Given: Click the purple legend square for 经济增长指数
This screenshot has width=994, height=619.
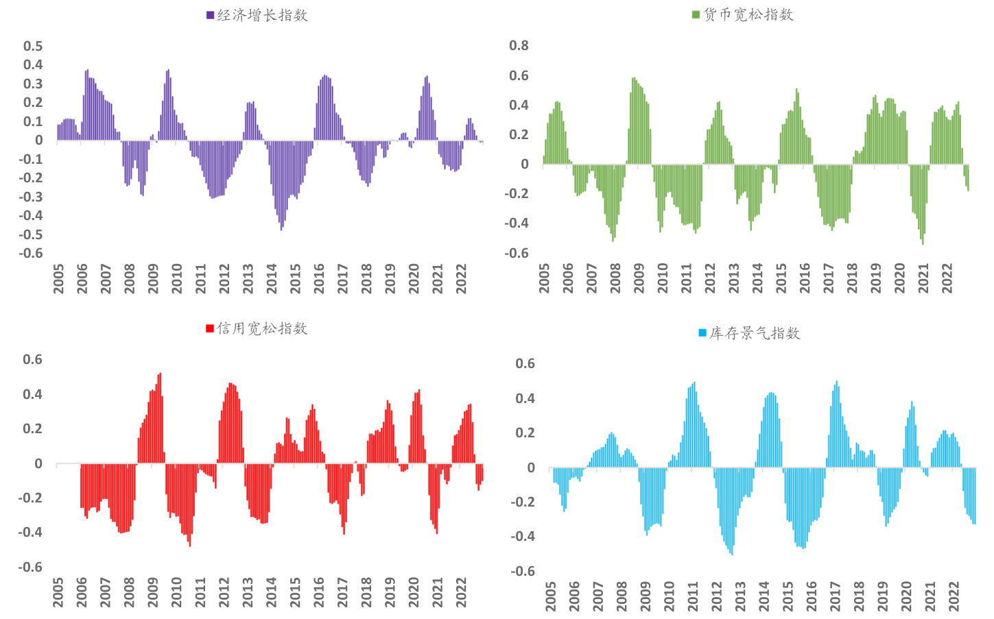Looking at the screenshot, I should point(210,15).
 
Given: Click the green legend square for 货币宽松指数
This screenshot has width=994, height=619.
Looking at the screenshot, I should point(696,14).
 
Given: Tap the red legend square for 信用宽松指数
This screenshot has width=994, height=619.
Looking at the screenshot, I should point(210,328).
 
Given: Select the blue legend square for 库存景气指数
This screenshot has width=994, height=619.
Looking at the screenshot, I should point(702,333).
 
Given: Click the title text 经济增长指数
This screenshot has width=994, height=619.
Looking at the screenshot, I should point(263,15).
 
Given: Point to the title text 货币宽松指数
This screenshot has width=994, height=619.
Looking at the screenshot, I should point(748,14).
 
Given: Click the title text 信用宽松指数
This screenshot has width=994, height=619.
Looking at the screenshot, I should point(263,328).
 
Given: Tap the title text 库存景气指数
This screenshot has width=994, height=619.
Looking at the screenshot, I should point(755,333).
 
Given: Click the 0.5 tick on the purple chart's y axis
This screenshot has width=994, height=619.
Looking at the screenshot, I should point(33,46).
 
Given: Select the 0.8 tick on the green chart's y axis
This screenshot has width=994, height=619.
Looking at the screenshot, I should point(519,45).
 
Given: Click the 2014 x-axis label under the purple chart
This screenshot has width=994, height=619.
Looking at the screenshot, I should point(272,278).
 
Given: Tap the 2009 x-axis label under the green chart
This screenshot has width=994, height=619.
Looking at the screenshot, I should point(639,278).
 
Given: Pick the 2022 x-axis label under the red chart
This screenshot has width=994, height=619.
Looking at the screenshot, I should point(461,592).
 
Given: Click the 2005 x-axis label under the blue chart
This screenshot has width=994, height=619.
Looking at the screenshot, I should point(551,596).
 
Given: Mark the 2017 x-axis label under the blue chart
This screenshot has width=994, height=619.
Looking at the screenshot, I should point(835,596).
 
